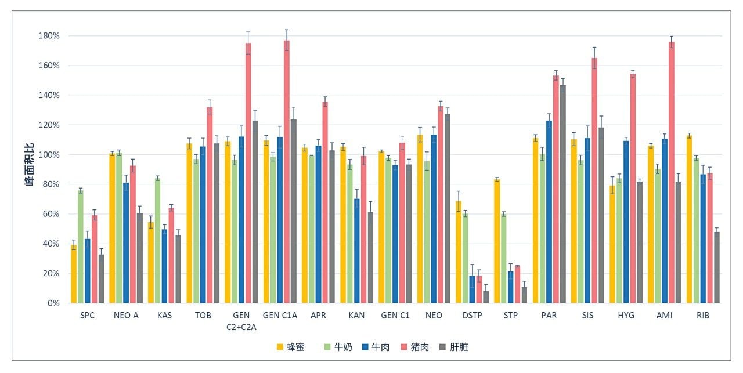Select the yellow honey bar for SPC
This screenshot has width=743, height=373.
pyautogui.click(x=74, y=274)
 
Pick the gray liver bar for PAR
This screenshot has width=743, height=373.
pyautogui.click(x=562, y=194)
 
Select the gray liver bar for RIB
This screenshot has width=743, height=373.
pyautogui.click(x=717, y=267)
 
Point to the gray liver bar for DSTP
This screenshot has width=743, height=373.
pyautogui.click(x=486, y=297)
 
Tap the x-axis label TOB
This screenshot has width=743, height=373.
pyautogui.click(x=203, y=315)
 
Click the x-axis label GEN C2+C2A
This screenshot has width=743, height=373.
pyautogui.click(x=241, y=321)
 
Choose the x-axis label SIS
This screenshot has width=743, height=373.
pyautogui.click(x=587, y=315)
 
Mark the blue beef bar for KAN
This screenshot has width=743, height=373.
pyautogui.click(x=357, y=251)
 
